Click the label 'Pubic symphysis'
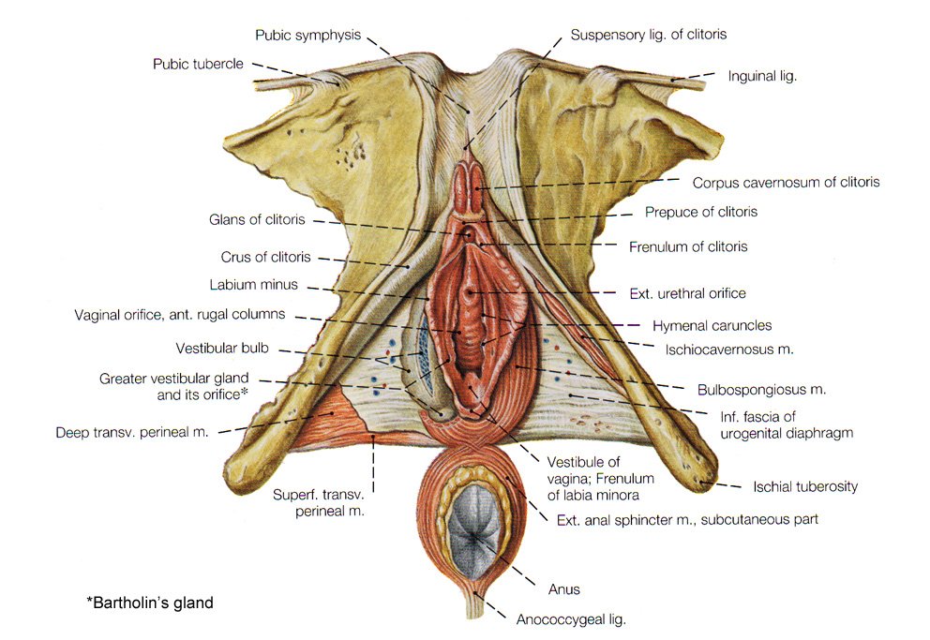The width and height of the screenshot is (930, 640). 307,35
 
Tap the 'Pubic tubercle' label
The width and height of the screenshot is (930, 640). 198,64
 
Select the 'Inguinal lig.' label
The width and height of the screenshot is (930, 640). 762,76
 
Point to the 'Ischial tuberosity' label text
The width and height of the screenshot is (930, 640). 805,486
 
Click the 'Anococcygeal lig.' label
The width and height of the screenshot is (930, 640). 571,618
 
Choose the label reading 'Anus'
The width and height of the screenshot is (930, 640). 563,588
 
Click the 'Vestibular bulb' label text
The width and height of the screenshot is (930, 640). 222,348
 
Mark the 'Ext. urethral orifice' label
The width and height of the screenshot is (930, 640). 687,293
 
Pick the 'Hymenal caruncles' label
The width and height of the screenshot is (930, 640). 712,325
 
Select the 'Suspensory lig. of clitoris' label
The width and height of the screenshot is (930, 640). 649,35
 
